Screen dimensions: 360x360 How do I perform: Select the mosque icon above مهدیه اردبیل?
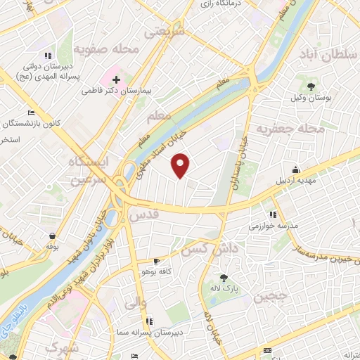pos(296,169)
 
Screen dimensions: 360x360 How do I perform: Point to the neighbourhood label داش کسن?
pos(204,250)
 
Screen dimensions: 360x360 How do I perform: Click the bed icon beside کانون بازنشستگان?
pos(30,112)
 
